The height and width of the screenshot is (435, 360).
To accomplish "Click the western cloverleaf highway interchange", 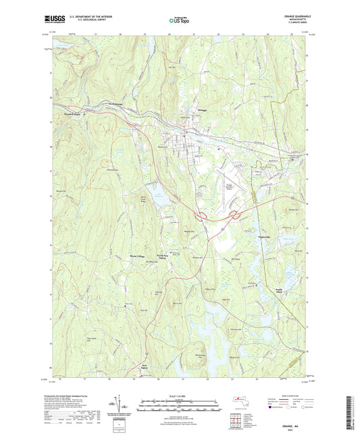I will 201,216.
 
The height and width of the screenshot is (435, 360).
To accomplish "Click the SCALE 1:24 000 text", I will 179,394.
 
